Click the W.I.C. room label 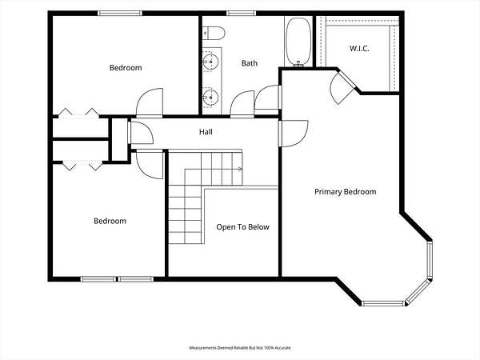[x=359, y=48]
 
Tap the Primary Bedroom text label [x=346, y=192]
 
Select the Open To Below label [x=242, y=227]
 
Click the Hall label [x=206, y=132]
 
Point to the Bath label [x=250, y=63]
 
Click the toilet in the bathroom [x=214, y=33]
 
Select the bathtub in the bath [x=298, y=42]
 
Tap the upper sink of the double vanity [x=210, y=62]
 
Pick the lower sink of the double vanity [x=210, y=98]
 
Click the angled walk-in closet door [x=342, y=87]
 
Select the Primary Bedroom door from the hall [x=293, y=134]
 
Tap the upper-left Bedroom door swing [x=150, y=102]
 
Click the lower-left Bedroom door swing [x=150, y=164]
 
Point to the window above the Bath [x=241, y=13]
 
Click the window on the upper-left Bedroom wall [x=120, y=13]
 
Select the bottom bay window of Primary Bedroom [x=383, y=303]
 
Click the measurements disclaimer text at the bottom [x=240, y=348]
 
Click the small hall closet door [x=141, y=133]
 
